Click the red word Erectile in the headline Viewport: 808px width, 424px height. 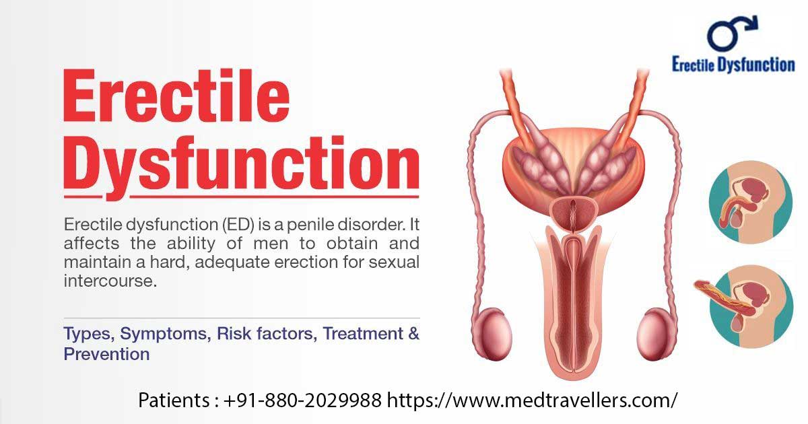176,98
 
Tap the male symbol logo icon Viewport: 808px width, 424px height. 733,34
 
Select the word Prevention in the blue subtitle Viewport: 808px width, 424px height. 106,353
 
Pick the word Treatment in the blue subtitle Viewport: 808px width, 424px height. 362,333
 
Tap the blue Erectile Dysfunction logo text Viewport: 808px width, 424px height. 733,65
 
